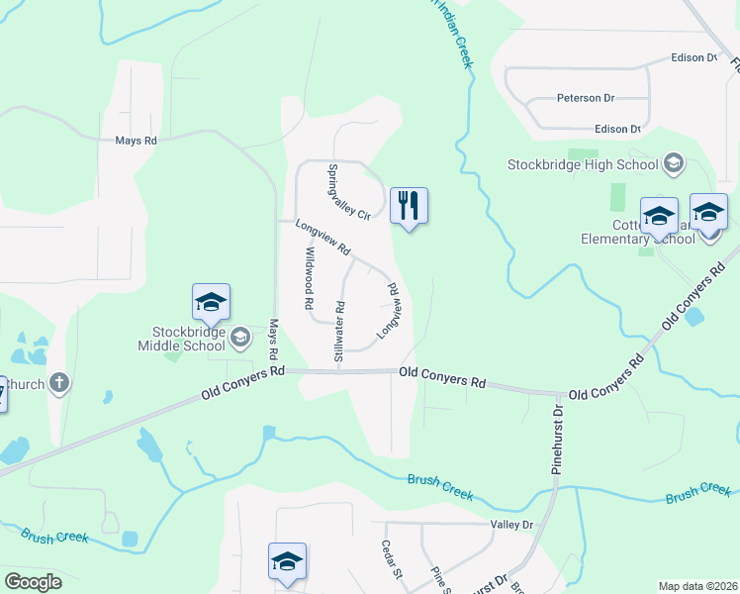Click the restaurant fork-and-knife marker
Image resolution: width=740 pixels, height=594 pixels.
[x=409, y=206]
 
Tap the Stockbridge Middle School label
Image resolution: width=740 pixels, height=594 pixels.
[x=184, y=338]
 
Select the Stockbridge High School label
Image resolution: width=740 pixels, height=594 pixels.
[x=582, y=164]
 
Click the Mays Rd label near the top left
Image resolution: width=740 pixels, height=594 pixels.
[x=136, y=142]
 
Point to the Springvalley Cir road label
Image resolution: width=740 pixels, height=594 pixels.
[x=348, y=191]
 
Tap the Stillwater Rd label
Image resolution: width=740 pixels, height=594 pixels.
[x=339, y=330]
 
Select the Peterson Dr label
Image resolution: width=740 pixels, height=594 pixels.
[x=586, y=99]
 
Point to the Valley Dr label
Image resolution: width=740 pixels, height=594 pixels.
[x=510, y=525]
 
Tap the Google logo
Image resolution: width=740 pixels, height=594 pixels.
[x=33, y=582]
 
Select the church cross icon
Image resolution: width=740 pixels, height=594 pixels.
[x=58, y=382]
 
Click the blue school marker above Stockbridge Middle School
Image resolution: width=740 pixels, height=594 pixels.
[x=211, y=303]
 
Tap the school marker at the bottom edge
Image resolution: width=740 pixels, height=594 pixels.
[x=288, y=561]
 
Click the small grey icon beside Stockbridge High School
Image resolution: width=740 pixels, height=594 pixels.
[x=674, y=163]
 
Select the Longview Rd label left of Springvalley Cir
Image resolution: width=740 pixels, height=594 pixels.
[x=324, y=235]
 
